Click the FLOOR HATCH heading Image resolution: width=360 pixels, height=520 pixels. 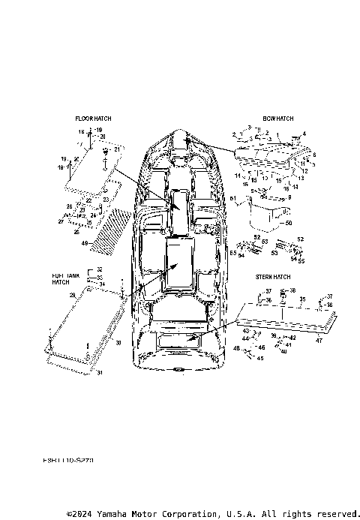(x=93, y=119)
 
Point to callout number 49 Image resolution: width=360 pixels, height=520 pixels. (x=85, y=242)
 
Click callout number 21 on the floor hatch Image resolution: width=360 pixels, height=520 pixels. (x=117, y=149)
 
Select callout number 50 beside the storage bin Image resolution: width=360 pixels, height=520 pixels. (x=289, y=223)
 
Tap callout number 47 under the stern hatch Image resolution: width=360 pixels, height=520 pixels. (x=318, y=341)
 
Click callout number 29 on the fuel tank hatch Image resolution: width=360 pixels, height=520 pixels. (x=73, y=296)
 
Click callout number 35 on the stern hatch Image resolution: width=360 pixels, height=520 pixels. (x=302, y=298)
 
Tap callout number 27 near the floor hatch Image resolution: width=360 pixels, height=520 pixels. (x=61, y=222)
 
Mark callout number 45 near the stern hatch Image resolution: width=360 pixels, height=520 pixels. (x=260, y=358)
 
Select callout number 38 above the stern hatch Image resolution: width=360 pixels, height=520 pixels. (x=292, y=290)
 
